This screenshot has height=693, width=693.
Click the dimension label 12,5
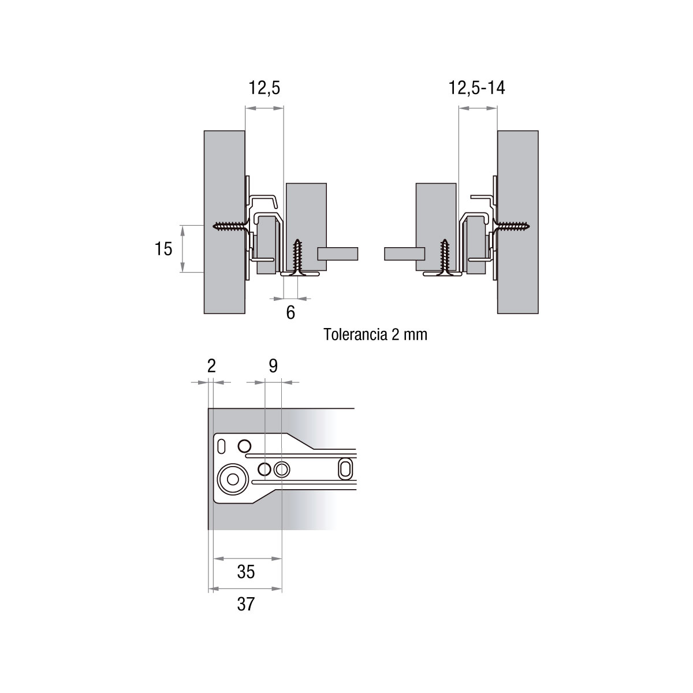264,88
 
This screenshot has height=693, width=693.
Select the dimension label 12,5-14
477,88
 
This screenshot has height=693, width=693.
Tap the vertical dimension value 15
163,249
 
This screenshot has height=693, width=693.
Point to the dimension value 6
290,312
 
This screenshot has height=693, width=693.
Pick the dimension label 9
273,366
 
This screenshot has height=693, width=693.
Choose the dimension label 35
246,572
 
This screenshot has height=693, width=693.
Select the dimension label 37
246,604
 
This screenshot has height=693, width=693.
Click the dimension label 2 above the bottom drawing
211,366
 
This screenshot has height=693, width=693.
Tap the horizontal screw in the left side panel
230,226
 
